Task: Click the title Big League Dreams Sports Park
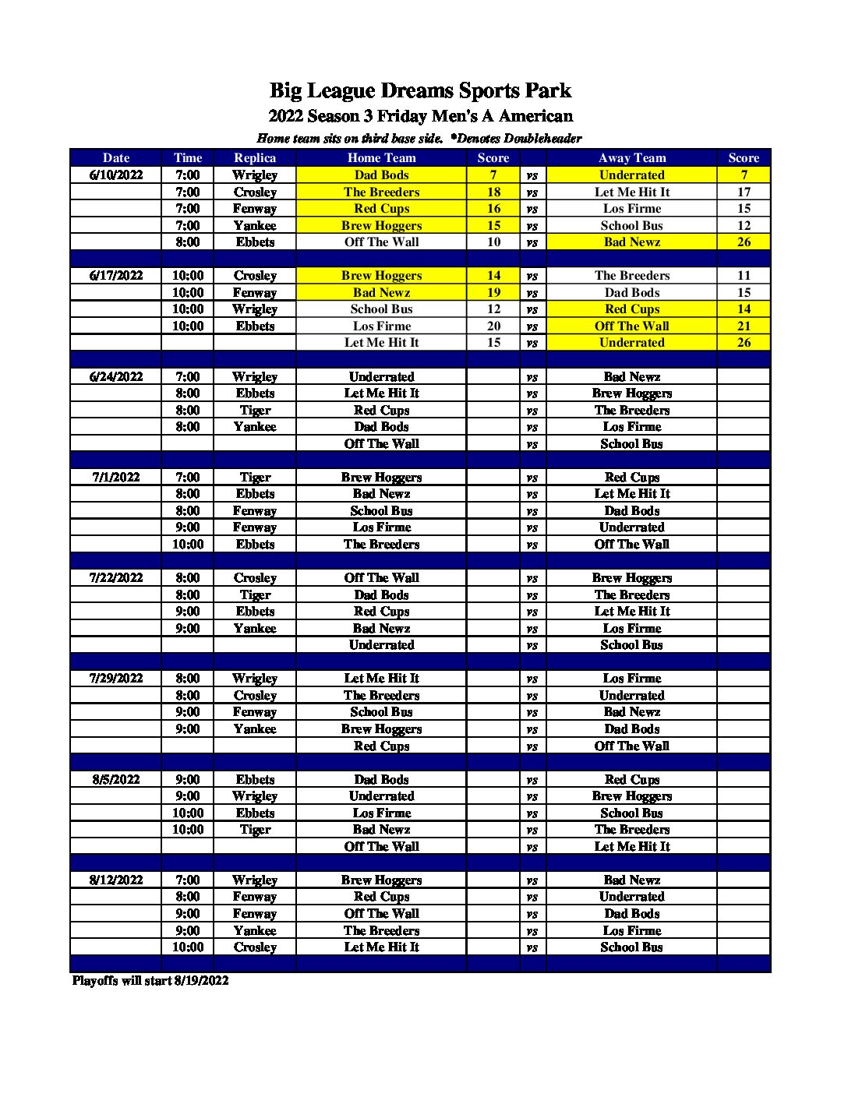point(420,90)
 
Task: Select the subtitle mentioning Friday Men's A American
point(420,116)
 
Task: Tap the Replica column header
point(255,157)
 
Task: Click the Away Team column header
point(631,157)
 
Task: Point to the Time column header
point(188,157)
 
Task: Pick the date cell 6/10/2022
point(116,175)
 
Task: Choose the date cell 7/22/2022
point(116,577)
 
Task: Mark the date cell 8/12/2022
point(116,880)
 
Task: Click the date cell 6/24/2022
point(116,376)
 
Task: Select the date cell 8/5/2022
point(116,779)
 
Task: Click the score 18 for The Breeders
point(493,192)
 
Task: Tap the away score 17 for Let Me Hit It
point(744,192)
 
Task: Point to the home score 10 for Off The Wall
point(493,242)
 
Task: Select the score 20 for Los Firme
point(493,326)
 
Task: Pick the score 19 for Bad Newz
point(493,292)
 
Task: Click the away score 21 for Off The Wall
point(744,326)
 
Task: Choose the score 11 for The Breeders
point(744,275)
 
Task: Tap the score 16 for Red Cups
point(493,208)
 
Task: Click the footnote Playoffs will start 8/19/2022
point(150,980)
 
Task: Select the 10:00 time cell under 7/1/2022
point(188,544)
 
